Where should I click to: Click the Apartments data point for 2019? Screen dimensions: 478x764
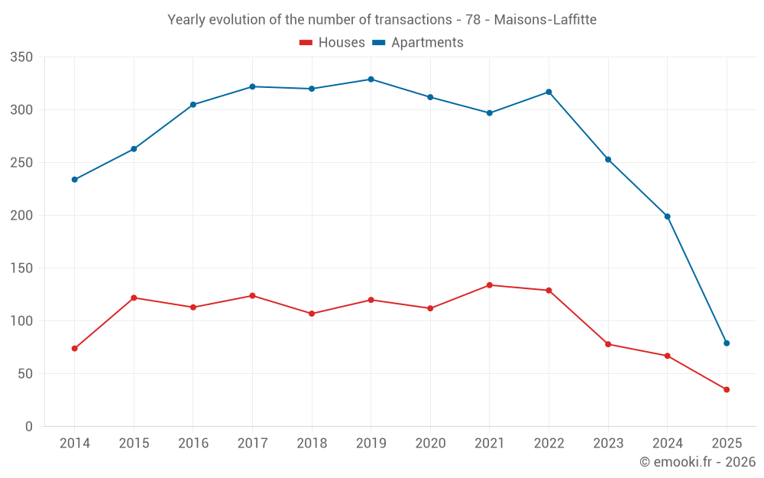point(371,80)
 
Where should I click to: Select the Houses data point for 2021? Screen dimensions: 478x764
point(490,285)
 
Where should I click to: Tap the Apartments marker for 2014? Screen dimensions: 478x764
point(75,180)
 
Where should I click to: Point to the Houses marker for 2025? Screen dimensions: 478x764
point(727,390)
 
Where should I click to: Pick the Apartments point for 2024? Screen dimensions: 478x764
point(667,216)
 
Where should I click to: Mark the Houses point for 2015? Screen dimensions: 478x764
point(134,298)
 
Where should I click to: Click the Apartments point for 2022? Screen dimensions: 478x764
point(549,92)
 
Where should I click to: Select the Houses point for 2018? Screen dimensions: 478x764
point(312,314)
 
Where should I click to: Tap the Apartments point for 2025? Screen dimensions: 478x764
point(727,343)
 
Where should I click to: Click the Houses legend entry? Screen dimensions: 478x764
point(332,43)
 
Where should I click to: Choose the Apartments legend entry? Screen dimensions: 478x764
point(418,43)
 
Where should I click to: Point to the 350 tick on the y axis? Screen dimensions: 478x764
point(22,57)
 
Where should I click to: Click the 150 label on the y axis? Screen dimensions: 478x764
point(22,268)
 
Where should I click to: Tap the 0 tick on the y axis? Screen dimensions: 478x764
point(28,427)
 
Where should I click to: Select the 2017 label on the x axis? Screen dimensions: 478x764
point(252,444)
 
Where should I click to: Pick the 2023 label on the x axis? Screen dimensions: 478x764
point(608,444)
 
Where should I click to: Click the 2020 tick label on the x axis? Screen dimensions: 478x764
point(430,444)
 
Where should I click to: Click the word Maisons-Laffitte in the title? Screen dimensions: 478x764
point(545,19)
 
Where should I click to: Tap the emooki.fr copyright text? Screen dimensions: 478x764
point(698,462)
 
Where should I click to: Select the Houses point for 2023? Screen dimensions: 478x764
point(608,344)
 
